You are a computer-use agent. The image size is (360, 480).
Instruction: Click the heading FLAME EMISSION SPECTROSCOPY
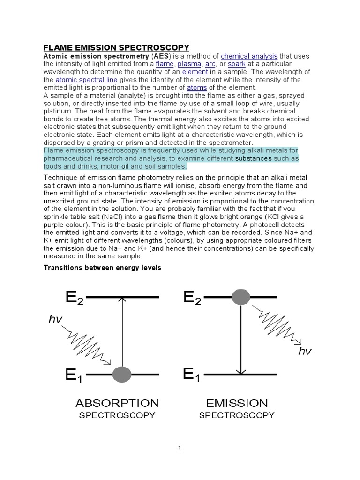click(116, 47)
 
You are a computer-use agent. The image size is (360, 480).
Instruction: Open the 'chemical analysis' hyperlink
click(249, 56)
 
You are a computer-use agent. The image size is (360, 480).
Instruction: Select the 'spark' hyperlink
click(237, 64)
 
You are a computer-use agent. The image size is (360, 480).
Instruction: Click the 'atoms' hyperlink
click(196, 87)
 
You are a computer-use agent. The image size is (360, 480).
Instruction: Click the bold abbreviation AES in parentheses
click(157, 56)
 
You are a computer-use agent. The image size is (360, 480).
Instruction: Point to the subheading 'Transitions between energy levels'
click(102, 268)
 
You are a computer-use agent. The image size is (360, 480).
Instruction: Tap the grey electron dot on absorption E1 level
click(122, 374)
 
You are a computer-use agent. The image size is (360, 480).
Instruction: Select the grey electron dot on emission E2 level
click(241, 297)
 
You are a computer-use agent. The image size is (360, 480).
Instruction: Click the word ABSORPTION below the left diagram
click(117, 403)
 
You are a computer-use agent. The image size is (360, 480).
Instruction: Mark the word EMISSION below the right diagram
click(237, 403)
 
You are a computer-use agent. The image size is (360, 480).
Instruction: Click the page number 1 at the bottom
click(180, 448)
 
